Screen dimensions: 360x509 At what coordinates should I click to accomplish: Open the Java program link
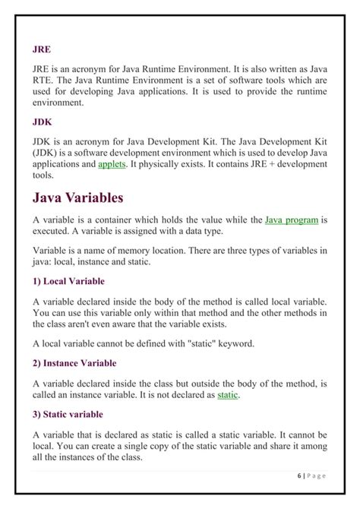click(x=291, y=220)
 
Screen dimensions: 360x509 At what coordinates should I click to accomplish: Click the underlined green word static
click(x=228, y=395)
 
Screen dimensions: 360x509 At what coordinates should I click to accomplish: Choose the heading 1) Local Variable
click(x=68, y=281)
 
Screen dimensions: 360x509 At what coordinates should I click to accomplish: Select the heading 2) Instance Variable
click(x=74, y=363)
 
